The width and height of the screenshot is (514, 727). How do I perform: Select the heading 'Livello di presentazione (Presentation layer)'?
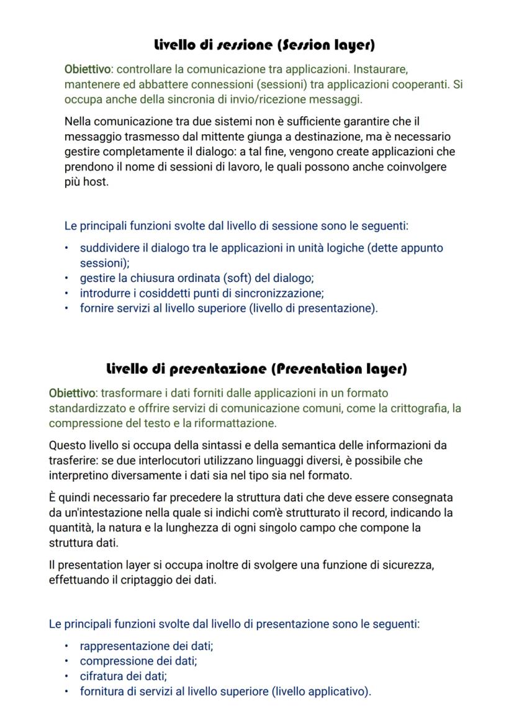[x=257, y=369]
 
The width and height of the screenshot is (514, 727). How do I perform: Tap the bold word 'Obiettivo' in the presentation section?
[x=71, y=393]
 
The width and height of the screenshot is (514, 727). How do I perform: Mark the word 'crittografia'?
[x=417, y=408]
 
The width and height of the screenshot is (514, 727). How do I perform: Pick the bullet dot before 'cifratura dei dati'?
[x=67, y=677]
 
